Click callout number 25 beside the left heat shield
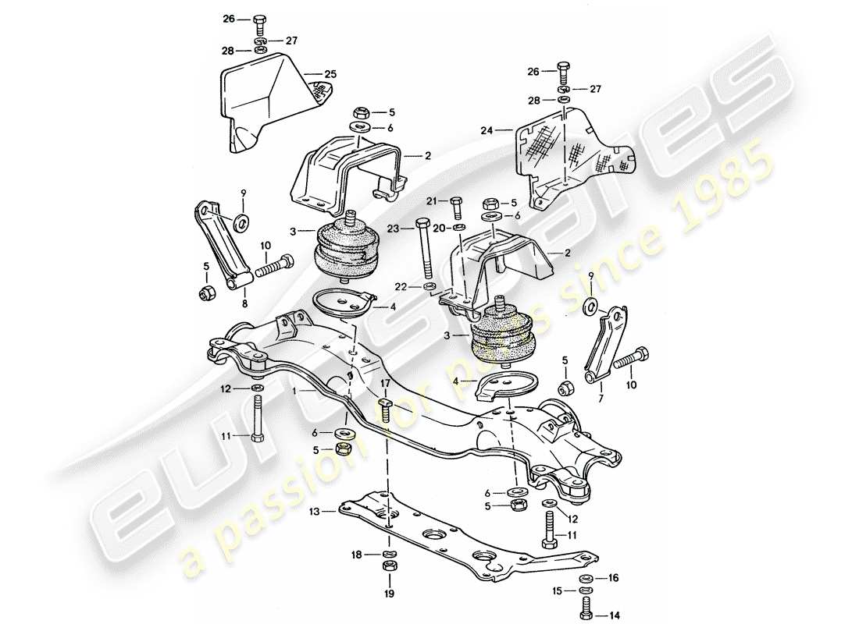330,73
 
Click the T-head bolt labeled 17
384,408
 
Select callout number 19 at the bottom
389,592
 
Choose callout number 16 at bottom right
612,579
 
